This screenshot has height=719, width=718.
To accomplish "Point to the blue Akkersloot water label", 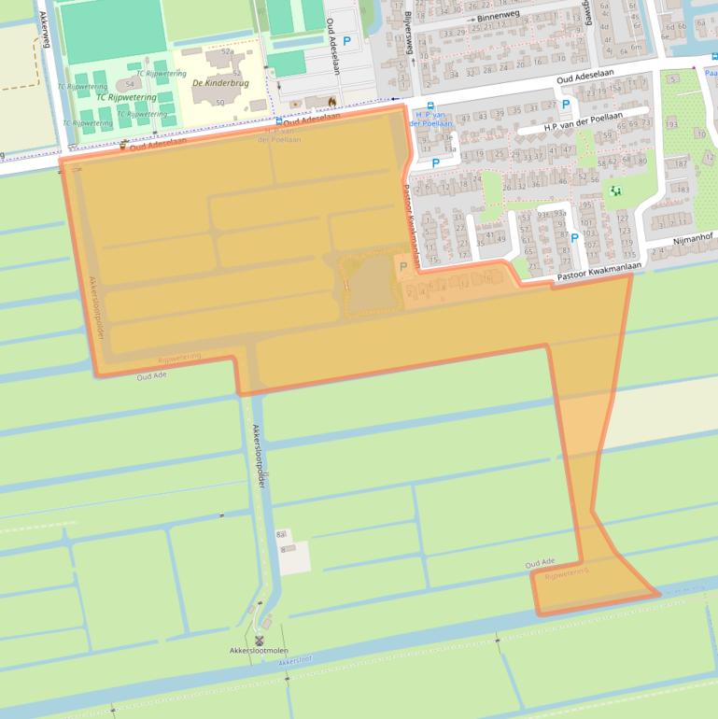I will coord(295,661).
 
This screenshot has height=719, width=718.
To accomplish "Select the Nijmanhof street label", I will coord(692,241).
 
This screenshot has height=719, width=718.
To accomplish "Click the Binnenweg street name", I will coord(496,18).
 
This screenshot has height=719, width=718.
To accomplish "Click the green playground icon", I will coord(614,191).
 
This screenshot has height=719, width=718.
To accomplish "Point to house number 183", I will coord(683,189).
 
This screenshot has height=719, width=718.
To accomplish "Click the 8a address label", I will coord(281,534).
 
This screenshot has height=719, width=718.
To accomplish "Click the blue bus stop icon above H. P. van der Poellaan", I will coord(429,106).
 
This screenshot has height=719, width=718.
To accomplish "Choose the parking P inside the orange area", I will coord(403,267).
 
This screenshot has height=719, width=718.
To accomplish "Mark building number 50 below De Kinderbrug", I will coord(219,103).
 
